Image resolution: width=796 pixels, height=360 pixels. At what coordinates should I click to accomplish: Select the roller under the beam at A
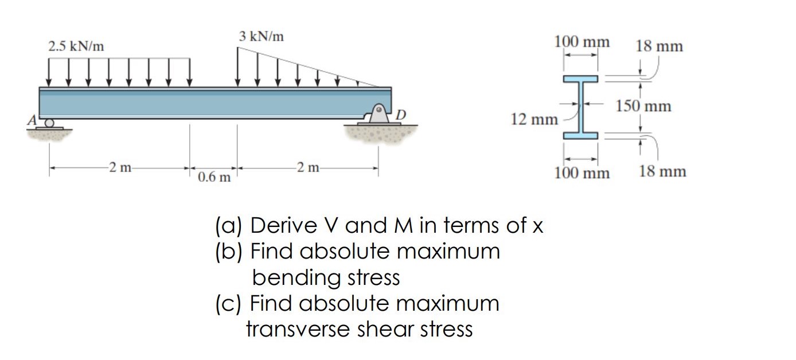click(50, 122)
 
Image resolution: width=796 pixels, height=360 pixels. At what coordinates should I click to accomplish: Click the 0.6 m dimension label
click(214, 177)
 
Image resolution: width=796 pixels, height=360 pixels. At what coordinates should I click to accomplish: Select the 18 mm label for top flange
click(660, 46)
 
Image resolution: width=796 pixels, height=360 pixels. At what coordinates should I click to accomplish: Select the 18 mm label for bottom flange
click(663, 171)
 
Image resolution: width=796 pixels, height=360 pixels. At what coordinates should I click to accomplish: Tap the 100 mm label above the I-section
click(582, 41)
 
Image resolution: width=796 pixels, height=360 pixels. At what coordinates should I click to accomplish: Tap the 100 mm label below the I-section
click(582, 172)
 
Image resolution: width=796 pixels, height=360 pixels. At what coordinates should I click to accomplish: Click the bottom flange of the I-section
click(580, 135)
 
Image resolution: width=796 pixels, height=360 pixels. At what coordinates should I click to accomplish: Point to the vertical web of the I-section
click(580, 107)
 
